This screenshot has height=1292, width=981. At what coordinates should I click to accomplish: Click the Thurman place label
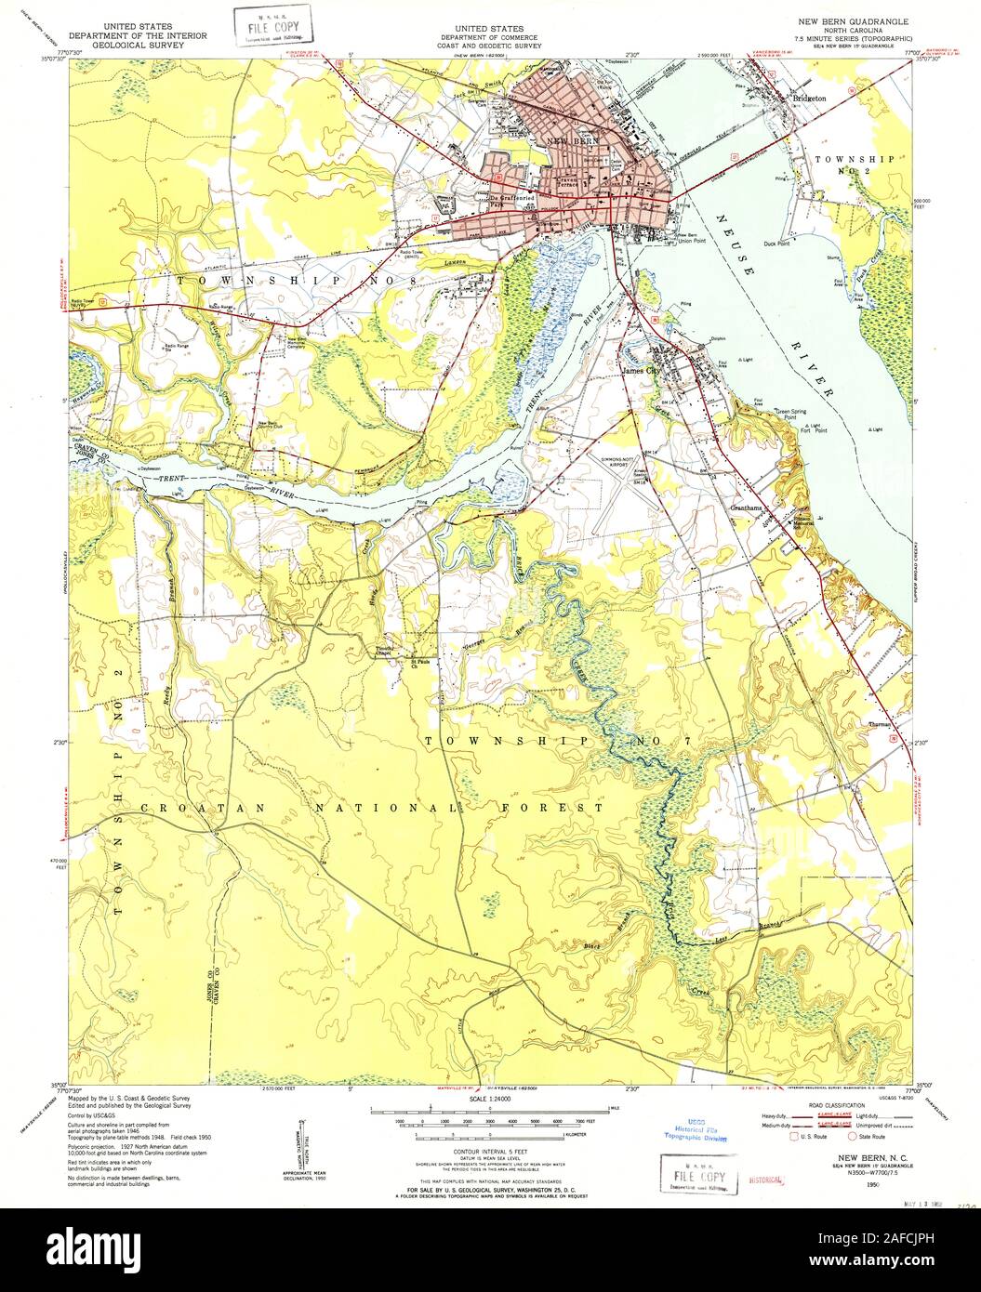[880, 723]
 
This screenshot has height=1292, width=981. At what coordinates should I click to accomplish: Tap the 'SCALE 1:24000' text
[489, 1099]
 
